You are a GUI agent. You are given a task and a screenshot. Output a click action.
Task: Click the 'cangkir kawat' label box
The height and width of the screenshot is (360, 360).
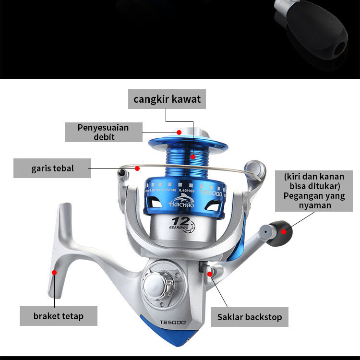[167, 100]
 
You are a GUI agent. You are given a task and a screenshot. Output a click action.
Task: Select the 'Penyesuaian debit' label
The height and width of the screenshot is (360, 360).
[104, 132]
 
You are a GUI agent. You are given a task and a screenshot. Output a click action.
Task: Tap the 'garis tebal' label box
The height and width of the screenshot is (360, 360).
[52, 168]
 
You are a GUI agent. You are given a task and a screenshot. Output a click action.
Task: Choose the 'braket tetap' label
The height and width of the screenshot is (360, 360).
[58, 316]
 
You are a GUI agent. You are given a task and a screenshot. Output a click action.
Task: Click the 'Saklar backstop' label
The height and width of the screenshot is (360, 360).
[249, 317]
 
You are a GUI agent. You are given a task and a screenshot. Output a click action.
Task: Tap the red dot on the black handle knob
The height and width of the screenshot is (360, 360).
[284, 231]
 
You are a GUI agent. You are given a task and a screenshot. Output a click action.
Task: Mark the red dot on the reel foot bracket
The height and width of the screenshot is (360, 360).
[55, 273]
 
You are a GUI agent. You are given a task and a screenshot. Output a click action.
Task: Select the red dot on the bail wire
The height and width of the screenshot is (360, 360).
[137, 168]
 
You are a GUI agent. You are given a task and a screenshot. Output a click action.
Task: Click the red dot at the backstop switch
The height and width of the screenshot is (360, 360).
[210, 274]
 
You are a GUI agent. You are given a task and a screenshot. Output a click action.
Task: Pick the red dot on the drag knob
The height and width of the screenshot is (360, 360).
[179, 132]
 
